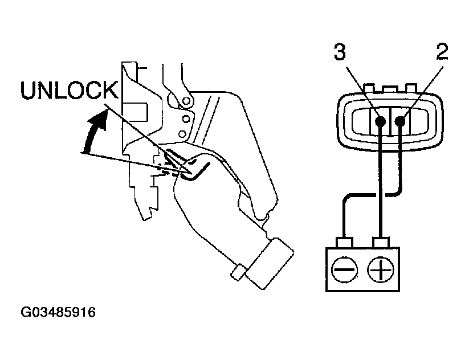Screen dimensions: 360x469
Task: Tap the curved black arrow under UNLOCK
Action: [x=94, y=132]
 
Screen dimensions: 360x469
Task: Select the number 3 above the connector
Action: [x=340, y=52]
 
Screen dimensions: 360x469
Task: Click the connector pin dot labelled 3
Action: [x=380, y=121]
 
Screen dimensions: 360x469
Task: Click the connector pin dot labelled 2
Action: [x=401, y=121]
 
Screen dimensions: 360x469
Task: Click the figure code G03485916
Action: [x=59, y=313]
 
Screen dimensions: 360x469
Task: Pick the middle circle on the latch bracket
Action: [x=183, y=119]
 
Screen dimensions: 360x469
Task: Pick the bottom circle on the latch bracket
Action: [x=182, y=134]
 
